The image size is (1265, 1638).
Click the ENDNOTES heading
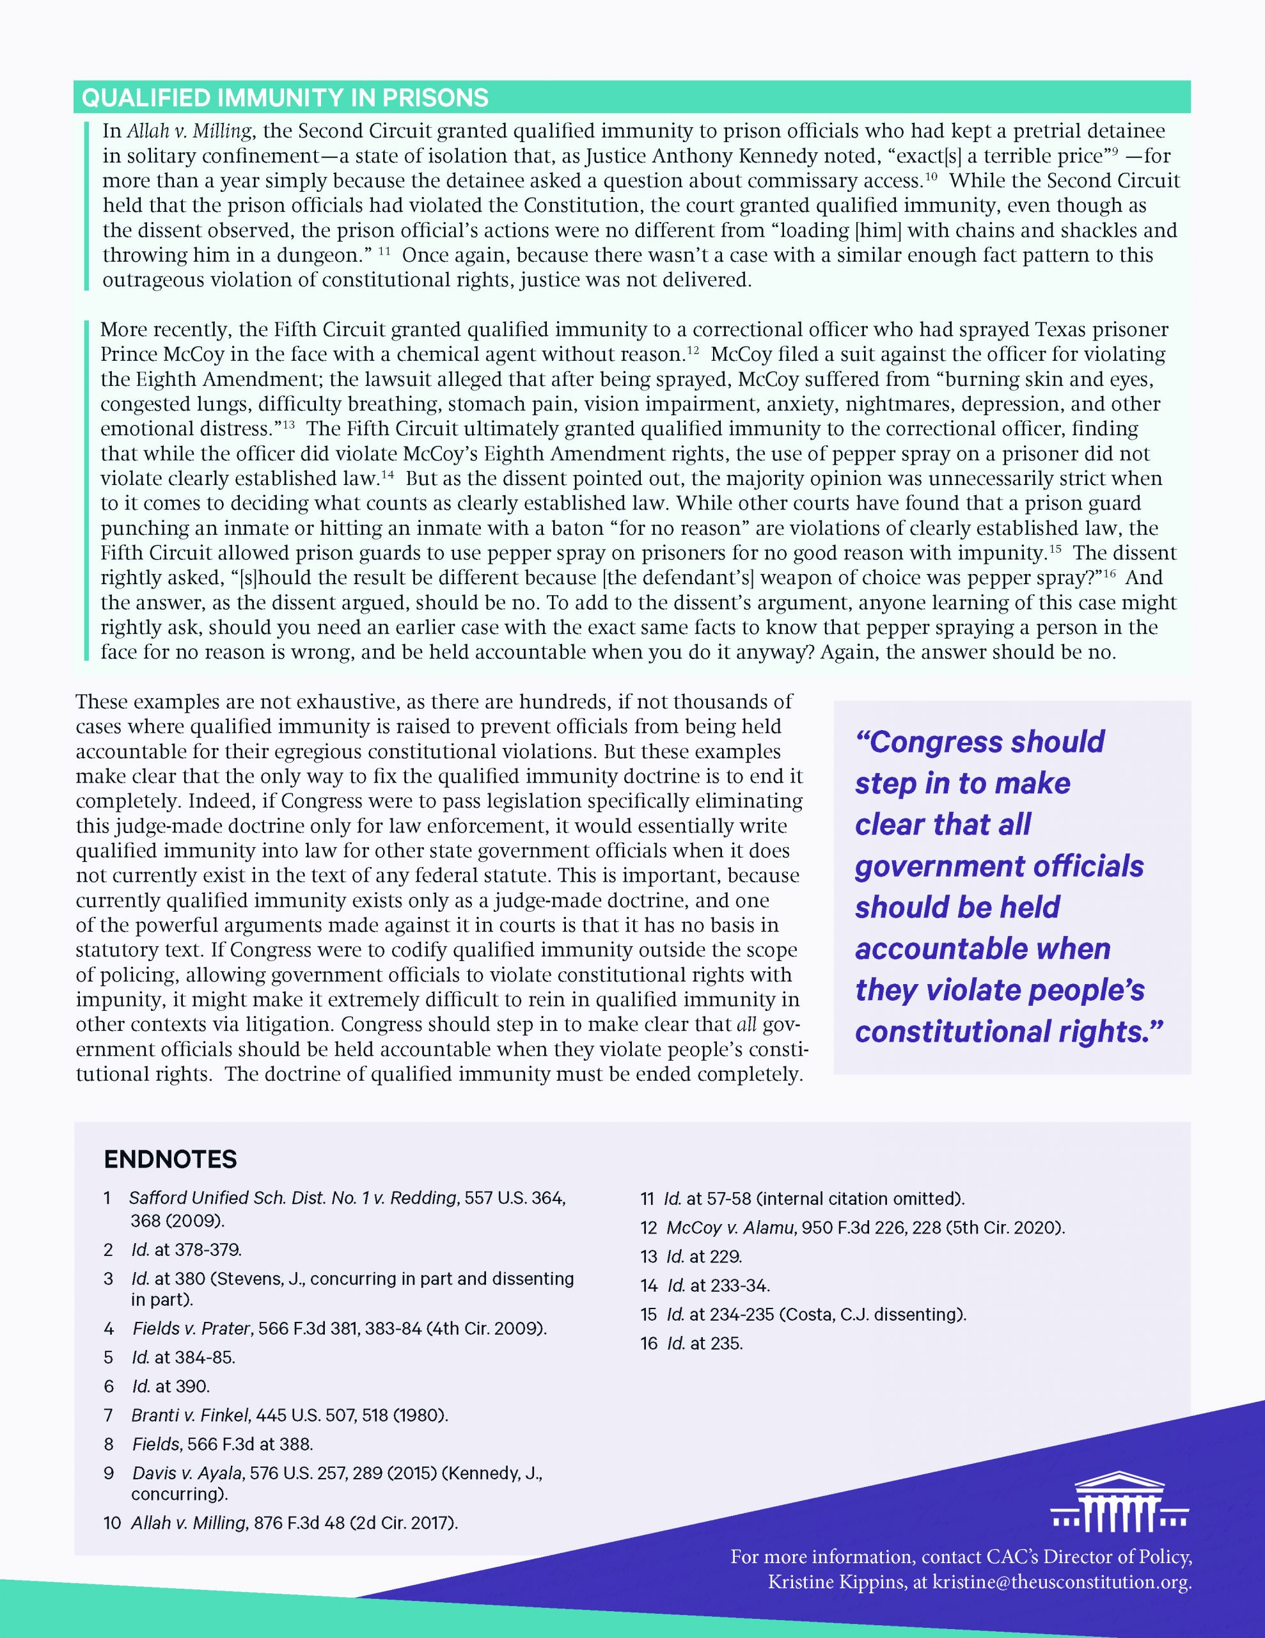pyautogui.click(x=170, y=1159)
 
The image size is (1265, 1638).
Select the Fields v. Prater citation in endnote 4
pyautogui.click(x=339, y=1328)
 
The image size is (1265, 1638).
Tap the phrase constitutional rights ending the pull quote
pyautogui.click(x=1008, y=1032)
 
